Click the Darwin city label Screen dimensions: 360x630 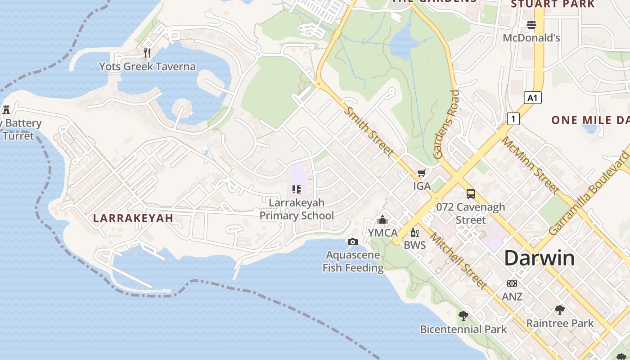click(x=539, y=258)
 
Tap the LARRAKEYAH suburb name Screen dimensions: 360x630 click(x=133, y=218)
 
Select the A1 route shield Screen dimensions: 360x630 click(x=532, y=98)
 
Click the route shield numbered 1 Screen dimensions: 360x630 click(x=513, y=119)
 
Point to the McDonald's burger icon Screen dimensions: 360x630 click(x=531, y=25)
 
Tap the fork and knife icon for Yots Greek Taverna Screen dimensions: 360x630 click(x=147, y=53)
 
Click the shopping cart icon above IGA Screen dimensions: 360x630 click(x=422, y=173)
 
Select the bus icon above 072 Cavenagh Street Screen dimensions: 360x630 click(x=471, y=194)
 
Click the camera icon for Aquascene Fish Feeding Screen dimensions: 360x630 click(x=353, y=242)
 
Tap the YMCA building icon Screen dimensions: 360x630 click(x=382, y=220)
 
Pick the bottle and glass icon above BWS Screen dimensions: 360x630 click(x=414, y=233)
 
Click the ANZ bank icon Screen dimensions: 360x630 click(x=512, y=283)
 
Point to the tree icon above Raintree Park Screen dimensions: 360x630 click(x=560, y=310)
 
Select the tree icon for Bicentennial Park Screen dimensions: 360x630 click(x=463, y=316)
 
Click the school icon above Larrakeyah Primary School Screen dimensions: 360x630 click(x=296, y=189)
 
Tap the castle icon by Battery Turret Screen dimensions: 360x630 click(x=6, y=109)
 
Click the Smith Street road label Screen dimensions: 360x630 click(x=369, y=131)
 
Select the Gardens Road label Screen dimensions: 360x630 click(x=446, y=124)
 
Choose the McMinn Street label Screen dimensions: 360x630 click(x=530, y=165)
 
